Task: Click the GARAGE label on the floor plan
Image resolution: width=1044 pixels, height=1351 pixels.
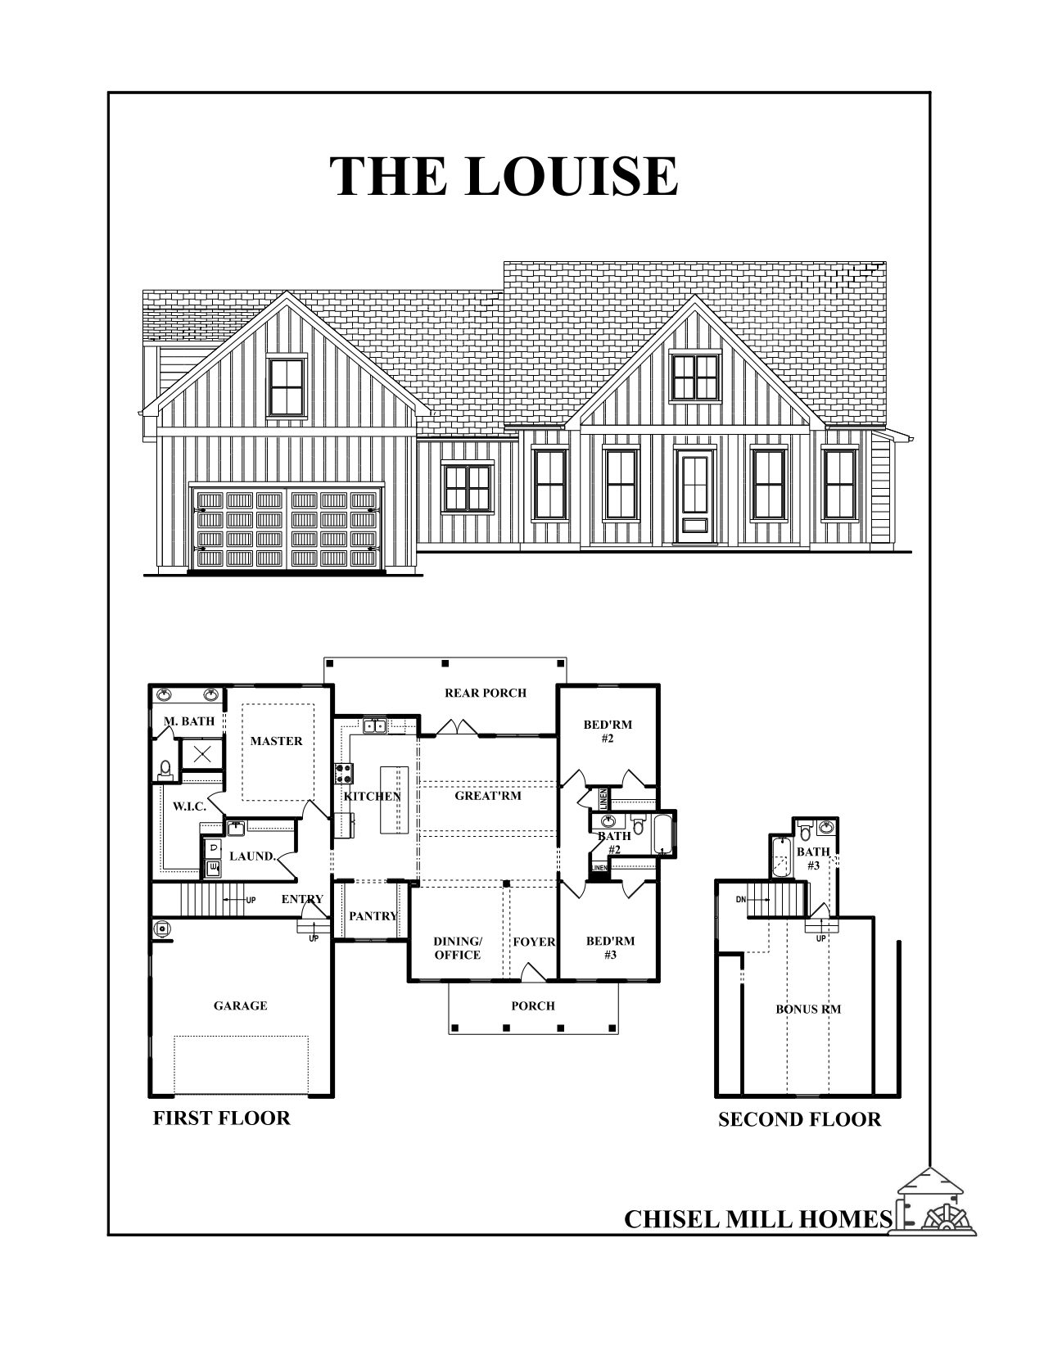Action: (241, 1005)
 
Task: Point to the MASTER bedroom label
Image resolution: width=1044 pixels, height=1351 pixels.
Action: (277, 741)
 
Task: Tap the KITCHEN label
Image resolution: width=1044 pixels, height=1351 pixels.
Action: (373, 796)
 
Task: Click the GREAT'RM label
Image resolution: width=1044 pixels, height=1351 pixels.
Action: (488, 795)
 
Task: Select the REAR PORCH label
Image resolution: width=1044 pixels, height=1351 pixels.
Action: (486, 693)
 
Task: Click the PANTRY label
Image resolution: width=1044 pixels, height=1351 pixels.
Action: (373, 916)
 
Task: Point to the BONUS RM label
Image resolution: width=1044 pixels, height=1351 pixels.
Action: (808, 1010)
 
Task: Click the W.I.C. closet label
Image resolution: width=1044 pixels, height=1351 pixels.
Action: (189, 807)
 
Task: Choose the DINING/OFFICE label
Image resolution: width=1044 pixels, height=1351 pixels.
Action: (458, 948)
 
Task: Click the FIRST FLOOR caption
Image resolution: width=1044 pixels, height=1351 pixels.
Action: (221, 1118)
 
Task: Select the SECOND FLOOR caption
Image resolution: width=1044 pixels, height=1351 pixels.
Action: (799, 1119)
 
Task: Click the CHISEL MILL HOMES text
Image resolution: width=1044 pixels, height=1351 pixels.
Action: (757, 1219)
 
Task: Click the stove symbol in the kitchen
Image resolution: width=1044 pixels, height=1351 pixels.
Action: (343, 774)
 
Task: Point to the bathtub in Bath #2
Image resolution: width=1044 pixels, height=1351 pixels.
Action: (663, 834)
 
